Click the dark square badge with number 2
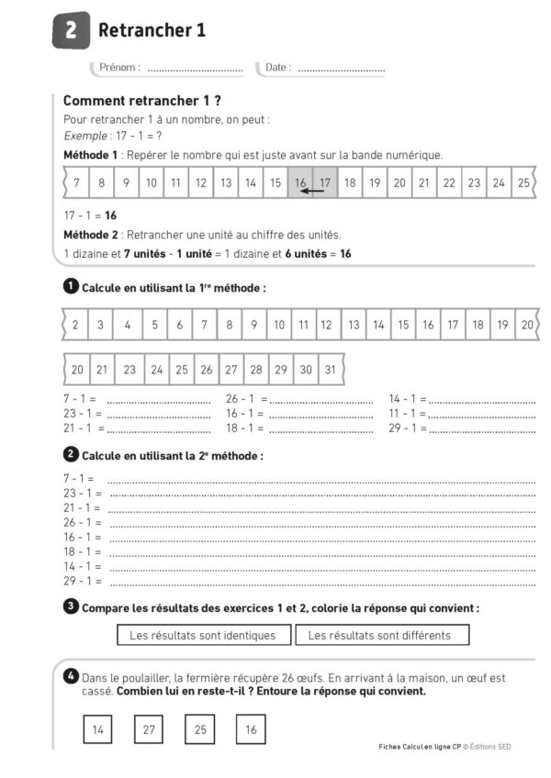[x=72, y=30]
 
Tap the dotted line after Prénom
[x=195, y=69]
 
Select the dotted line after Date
[x=341, y=69]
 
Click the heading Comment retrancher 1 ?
[x=141, y=101]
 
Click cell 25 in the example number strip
[x=523, y=183]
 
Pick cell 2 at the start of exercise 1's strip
[x=75, y=325]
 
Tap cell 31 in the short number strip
[x=330, y=370]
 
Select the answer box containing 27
[x=148, y=729]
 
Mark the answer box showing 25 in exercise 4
[x=199, y=729]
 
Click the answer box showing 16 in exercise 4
[x=251, y=729]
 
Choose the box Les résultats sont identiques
[x=203, y=635]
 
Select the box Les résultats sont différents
[x=379, y=635]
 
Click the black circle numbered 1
[x=71, y=286]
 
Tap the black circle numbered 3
[x=71, y=606]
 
